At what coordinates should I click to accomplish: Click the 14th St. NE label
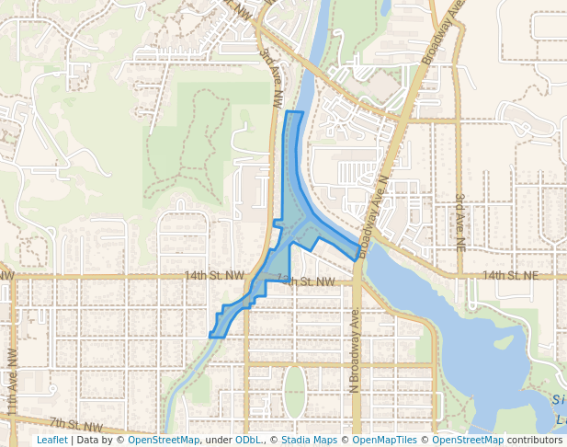click(510, 275)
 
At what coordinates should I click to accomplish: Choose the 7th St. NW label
click(75, 424)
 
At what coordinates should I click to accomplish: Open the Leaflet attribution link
click(51, 441)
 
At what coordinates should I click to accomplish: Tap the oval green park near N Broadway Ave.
click(293, 392)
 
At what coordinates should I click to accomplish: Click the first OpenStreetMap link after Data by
click(164, 441)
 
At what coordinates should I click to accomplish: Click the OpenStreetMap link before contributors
click(468, 441)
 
